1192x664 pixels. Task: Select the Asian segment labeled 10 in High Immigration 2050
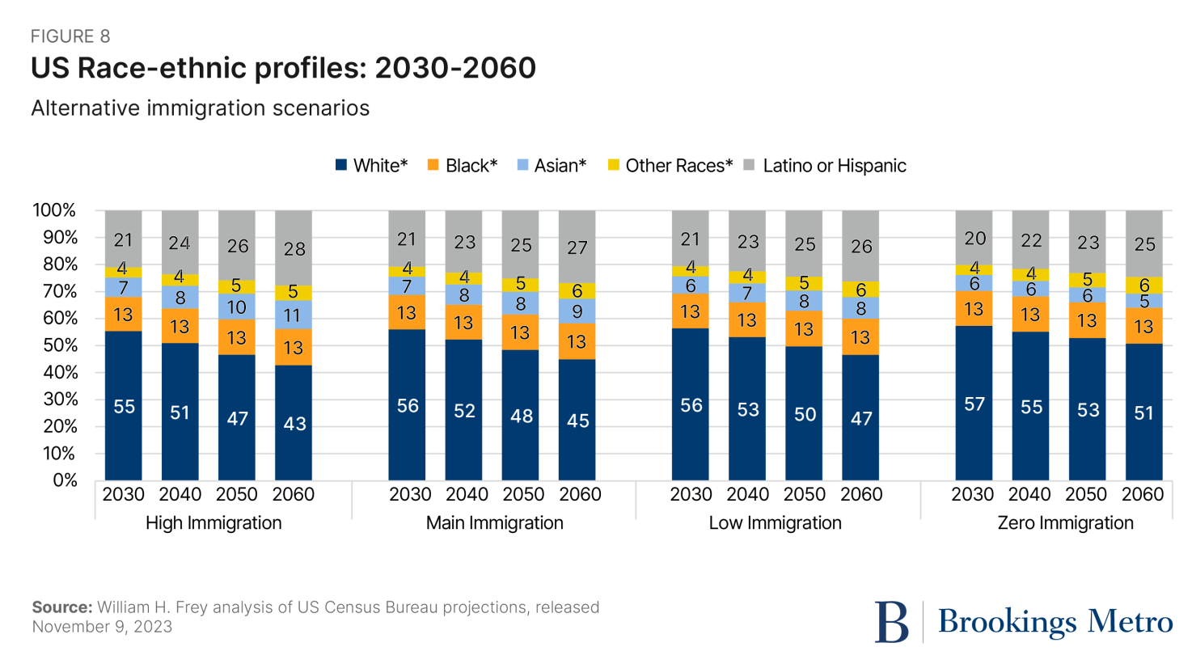237,307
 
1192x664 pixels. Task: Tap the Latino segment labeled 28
294,247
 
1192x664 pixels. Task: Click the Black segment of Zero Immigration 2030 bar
974,309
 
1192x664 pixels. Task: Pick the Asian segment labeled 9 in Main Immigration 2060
577,311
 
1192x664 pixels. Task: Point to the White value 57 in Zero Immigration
974,404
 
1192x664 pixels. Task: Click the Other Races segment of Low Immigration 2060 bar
860,290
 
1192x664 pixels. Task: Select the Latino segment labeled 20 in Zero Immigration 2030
974,238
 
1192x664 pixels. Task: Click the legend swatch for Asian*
522,166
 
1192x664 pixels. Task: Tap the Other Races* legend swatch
614,166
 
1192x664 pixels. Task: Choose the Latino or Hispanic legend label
834,166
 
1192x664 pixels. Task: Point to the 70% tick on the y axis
55,291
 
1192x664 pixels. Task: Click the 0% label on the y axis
65,480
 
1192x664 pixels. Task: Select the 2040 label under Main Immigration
467,494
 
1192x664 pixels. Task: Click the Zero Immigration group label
1065,523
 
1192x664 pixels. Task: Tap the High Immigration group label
213,523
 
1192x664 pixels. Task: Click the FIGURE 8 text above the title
70,36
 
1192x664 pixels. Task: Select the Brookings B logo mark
891,622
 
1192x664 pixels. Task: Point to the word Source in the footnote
61,607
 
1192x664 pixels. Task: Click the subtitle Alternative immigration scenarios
200,108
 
